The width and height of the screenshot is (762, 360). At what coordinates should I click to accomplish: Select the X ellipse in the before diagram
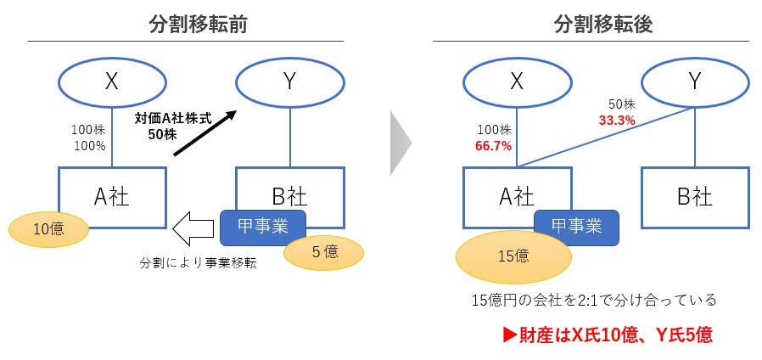coord(111,82)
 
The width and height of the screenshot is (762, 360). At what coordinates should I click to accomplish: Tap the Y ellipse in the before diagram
coord(289,82)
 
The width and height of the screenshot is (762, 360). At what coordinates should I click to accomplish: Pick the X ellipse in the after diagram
coord(517,82)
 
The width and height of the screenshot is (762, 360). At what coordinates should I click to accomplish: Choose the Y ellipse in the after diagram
coord(694,82)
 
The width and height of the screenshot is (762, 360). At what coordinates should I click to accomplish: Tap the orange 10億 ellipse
coord(49,228)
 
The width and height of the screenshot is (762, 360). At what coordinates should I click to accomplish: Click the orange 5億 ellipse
coord(323,251)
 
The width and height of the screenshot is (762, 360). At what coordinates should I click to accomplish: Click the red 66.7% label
coord(493,145)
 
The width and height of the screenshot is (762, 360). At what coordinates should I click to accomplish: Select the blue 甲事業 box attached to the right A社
coord(576,226)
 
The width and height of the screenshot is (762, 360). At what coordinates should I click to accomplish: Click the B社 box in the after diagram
coord(694,197)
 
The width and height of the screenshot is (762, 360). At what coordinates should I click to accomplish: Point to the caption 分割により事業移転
coord(198,263)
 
